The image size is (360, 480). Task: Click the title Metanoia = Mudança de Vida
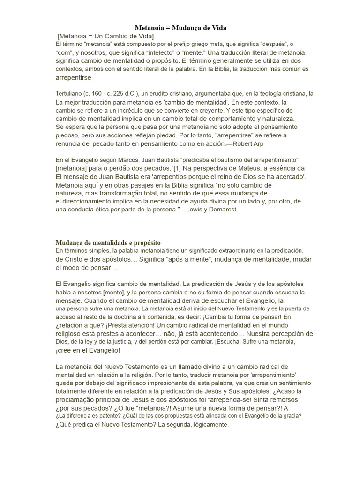pyautogui.click(x=180, y=28)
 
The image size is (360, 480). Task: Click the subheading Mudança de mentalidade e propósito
pyautogui.click(x=108, y=243)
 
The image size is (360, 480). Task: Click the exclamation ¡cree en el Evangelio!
pyautogui.click(x=88, y=350)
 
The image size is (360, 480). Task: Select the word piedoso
pyautogui.click(x=69, y=135)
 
